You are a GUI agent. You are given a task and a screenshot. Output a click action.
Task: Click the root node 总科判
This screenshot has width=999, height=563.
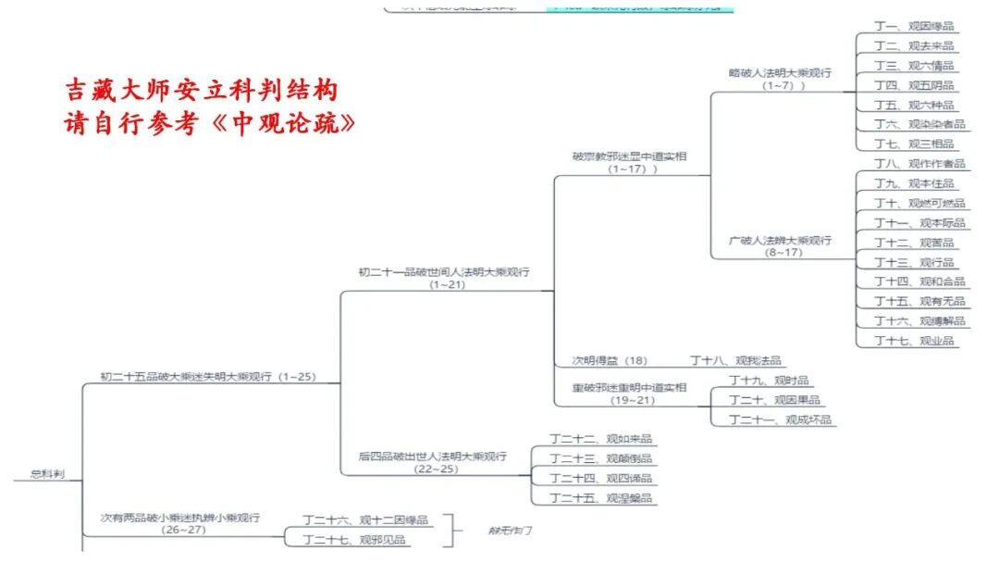coord(47,474)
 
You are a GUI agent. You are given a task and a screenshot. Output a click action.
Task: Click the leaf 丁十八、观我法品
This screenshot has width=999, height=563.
coord(735,360)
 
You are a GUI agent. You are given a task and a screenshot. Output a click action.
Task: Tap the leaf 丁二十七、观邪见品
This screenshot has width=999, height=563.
coord(355,539)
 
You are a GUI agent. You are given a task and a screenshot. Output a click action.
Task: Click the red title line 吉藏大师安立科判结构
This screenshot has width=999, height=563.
coord(201,91)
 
